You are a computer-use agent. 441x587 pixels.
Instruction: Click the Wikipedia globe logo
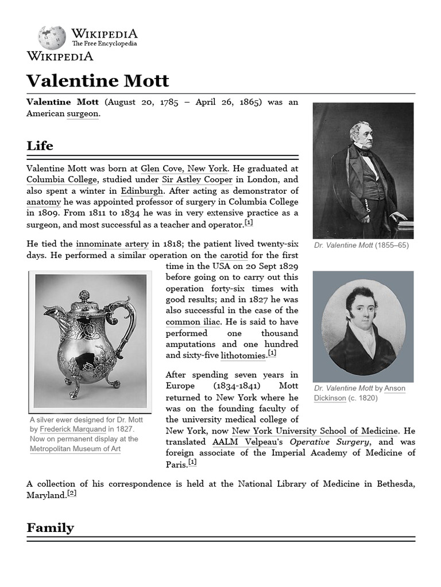(52, 37)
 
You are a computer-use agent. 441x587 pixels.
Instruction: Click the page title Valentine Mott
(98, 80)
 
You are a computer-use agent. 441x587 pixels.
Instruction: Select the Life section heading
(40, 146)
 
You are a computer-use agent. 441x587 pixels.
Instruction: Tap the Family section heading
(50, 528)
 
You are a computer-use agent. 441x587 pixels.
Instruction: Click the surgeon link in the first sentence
(83, 114)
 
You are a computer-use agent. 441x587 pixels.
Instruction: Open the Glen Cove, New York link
(184, 169)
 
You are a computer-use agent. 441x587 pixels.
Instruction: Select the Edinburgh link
(142, 191)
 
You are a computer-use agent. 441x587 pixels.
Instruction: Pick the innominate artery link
(113, 244)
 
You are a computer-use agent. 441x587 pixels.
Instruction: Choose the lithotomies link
(243, 356)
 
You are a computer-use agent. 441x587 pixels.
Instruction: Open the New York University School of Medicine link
(315, 431)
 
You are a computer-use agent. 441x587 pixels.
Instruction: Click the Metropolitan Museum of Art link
(75, 449)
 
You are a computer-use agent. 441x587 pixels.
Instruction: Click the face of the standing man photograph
(360, 132)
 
